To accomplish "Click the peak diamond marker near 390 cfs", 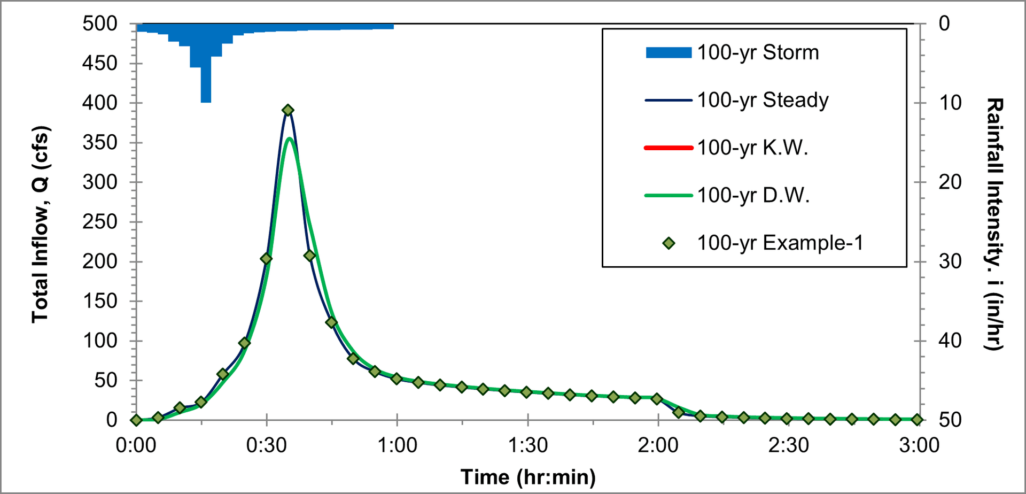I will coord(288,110).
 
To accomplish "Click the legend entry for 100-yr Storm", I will coord(758,52).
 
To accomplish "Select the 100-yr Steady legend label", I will coord(763,100).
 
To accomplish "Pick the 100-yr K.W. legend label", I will coord(752,148).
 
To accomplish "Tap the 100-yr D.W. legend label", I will coord(753,195).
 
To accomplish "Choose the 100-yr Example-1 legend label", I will coord(780,243).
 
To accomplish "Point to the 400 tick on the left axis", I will coord(100,103).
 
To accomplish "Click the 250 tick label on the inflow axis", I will coord(100,221).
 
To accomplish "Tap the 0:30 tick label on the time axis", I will coord(266,445).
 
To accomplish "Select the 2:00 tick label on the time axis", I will coord(658,445).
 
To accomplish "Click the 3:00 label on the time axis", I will coord(919,445).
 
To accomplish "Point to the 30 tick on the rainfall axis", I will coord(950,261).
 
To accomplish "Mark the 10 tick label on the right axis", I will coord(950,103).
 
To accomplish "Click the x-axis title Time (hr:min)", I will coord(528,477).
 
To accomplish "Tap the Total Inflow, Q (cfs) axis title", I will coord(40,225).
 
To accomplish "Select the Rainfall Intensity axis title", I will coord(994,225).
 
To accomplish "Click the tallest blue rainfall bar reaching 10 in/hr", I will coord(206,80).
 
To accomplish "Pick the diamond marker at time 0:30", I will coord(266,259).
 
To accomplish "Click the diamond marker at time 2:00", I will coord(657,399).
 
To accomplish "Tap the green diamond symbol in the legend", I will coord(669,243).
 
